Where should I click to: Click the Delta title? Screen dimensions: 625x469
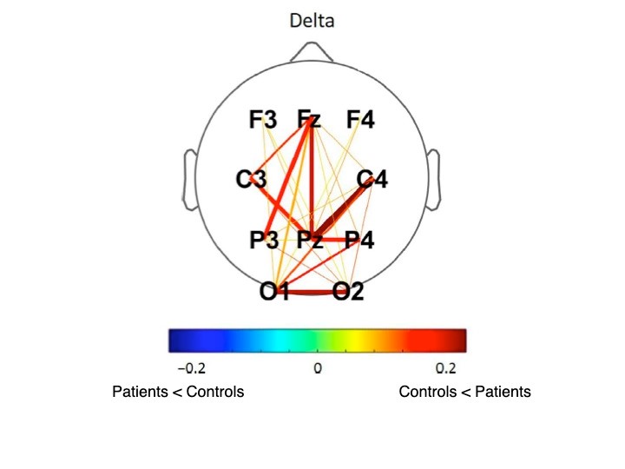(x=312, y=21)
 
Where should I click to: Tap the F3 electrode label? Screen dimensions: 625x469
(x=263, y=119)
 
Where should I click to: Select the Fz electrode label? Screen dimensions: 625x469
(x=309, y=119)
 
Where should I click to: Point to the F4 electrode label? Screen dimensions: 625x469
(x=360, y=119)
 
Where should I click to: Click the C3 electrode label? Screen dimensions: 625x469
(x=251, y=179)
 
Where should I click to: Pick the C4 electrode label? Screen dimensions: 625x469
(x=372, y=179)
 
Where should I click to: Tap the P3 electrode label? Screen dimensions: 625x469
(x=264, y=240)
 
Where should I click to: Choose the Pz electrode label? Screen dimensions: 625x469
(x=310, y=240)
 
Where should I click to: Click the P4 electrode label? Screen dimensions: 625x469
(x=359, y=240)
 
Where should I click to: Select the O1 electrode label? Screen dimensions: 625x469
(x=274, y=291)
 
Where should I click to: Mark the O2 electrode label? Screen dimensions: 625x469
(x=348, y=291)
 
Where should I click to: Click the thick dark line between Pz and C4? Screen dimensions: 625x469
(x=342, y=208)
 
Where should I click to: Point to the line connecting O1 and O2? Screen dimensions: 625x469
(x=311, y=293)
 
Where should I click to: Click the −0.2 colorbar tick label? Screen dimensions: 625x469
(x=192, y=367)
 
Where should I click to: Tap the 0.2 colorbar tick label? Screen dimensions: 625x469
(x=445, y=367)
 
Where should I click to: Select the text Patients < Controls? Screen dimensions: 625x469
(x=178, y=392)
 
